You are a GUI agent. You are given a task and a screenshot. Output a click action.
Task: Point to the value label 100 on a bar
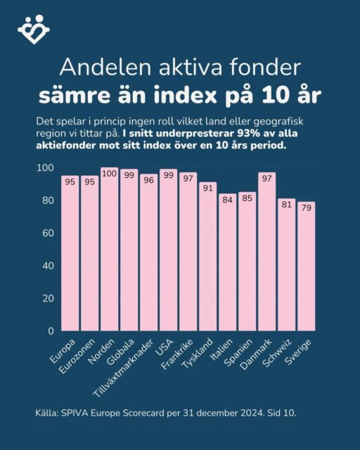(110, 173)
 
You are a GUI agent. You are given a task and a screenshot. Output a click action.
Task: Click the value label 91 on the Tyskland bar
(207, 187)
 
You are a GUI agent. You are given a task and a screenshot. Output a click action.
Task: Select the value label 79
(306, 207)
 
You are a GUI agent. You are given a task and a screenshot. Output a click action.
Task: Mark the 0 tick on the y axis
(51, 330)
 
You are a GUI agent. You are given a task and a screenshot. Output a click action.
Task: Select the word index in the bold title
(210, 93)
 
